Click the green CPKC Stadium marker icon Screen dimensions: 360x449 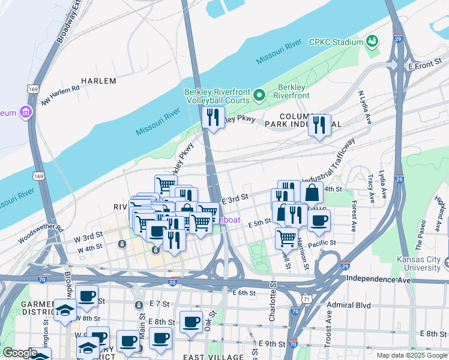(x=372, y=41)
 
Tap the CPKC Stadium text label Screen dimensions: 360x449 (x=336, y=43)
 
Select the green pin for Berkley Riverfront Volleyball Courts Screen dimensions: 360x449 (x=259, y=95)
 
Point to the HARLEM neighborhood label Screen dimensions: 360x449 (x=98, y=80)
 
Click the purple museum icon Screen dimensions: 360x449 (x=25, y=112)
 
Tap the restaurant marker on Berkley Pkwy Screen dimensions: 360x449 (x=212, y=118)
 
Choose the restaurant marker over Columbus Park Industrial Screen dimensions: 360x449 (x=319, y=125)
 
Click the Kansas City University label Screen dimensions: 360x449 (x=418, y=263)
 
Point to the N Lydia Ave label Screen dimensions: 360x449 (x=365, y=108)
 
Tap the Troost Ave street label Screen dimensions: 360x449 (x=328, y=325)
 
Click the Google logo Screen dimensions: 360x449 (x=20, y=353)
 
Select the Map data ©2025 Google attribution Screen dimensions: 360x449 (x=411, y=355)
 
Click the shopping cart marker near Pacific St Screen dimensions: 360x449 (x=286, y=238)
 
